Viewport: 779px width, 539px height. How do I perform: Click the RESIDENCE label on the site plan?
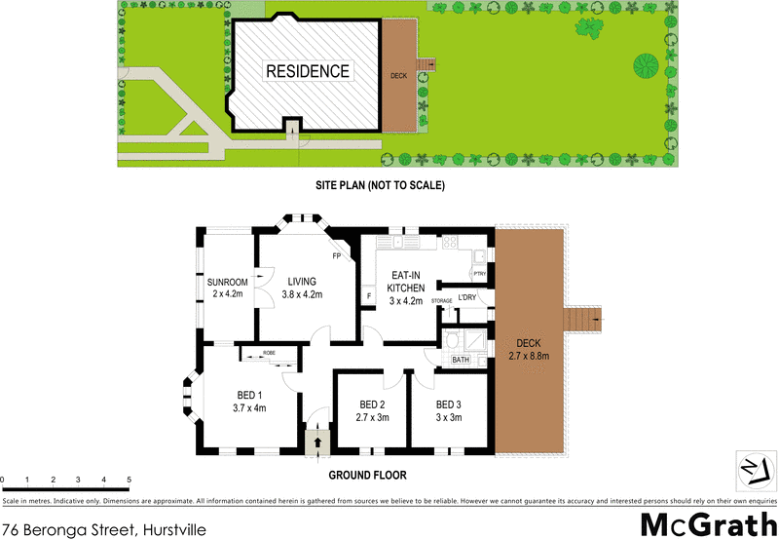click(x=308, y=71)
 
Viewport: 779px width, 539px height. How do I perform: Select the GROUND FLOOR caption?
click(x=367, y=476)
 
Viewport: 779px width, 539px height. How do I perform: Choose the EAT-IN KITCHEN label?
click(x=405, y=289)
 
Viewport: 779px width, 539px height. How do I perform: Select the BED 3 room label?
click(x=448, y=410)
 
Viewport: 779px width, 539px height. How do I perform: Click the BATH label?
click(x=461, y=361)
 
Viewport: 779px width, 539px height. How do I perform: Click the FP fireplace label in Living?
click(x=337, y=256)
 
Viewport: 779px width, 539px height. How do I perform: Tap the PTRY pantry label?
click(x=479, y=274)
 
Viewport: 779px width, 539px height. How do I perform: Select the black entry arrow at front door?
click(x=317, y=443)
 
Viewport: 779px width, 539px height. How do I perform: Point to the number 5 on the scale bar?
click(x=130, y=481)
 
